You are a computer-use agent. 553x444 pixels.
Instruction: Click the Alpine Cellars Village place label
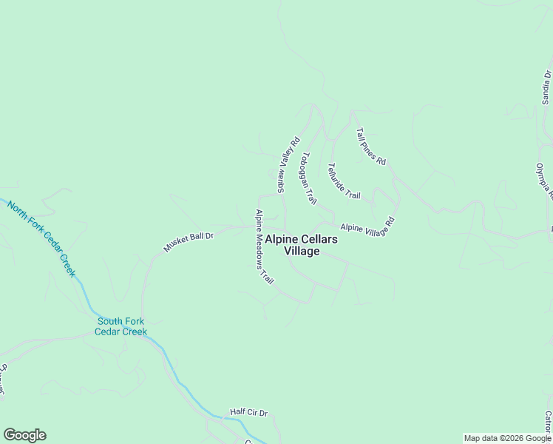pos(302,245)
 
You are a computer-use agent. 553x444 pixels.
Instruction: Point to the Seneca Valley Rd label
pos(288,164)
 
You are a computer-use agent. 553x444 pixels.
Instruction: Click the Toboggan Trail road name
pos(308,178)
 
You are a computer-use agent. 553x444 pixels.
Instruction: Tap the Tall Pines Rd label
pos(371,146)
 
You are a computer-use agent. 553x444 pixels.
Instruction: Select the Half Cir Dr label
pos(248,412)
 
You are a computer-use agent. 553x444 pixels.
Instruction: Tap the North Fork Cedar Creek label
pos(42,238)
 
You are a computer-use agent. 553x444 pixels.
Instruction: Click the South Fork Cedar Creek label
pos(121,326)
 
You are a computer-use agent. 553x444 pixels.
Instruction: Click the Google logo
pos(24,435)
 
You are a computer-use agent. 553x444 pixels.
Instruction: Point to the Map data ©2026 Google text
pos(507,438)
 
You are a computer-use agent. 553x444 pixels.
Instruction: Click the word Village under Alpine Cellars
pos(302,251)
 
